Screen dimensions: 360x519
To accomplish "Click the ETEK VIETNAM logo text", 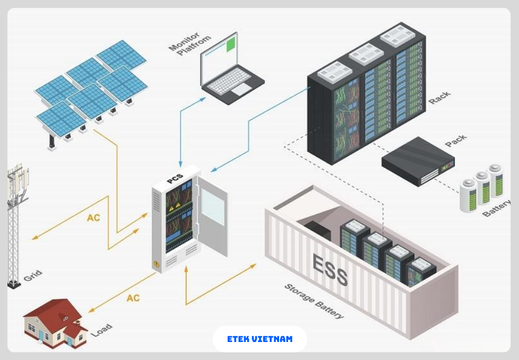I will [259, 339].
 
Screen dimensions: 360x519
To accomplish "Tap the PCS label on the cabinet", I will [175, 178].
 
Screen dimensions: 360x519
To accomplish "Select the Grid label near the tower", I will [32, 276].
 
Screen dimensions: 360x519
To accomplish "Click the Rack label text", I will [440, 97].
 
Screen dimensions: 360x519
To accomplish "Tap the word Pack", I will [455, 141].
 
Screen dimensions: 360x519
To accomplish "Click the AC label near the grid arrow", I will [93, 218].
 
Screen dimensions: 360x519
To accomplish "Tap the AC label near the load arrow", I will [133, 298].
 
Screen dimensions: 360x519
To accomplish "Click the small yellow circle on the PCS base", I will [156, 264].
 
